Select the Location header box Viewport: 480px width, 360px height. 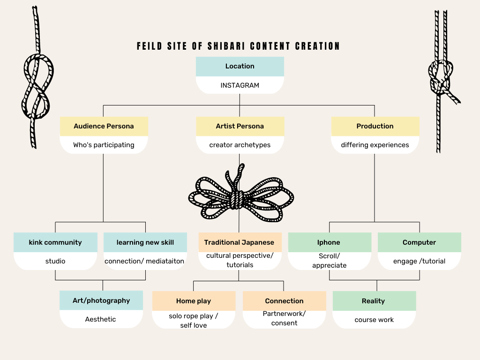pyautogui.click(x=240, y=66)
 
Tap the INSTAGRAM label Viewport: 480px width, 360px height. pyautogui.click(x=240, y=85)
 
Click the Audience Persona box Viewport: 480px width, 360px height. pyautogui.click(x=104, y=126)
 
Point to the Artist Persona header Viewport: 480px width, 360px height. pyautogui.click(x=240, y=126)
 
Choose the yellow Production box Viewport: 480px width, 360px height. pyautogui.click(x=375, y=126)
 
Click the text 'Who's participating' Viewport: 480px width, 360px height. pyautogui.click(x=104, y=145)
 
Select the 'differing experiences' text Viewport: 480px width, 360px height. pyautogui.click(x=375, y=145)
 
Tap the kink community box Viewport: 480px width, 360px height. pyautogui.click(x=55, y=242)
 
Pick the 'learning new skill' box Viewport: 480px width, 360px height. pyautogui.click(x=145, y=242)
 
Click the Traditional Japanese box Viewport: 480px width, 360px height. pyautogui.click(x=240, y=242)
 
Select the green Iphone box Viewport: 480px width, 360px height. pyautogui.click(x=329, y=242)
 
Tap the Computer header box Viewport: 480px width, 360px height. pyautogui.click(x=419, y=242)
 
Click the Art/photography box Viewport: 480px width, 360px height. pyautogui.click(x=101, y=300)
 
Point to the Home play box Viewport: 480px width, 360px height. pyautogui.click(x=194, y=301)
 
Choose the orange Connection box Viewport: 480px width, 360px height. pyautogui.click(x=284, y=301)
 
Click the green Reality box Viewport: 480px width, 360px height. pyautogui.click(x=374, y=301)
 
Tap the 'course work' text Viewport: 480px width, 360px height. pyautogui.click(x=374, y=320)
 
